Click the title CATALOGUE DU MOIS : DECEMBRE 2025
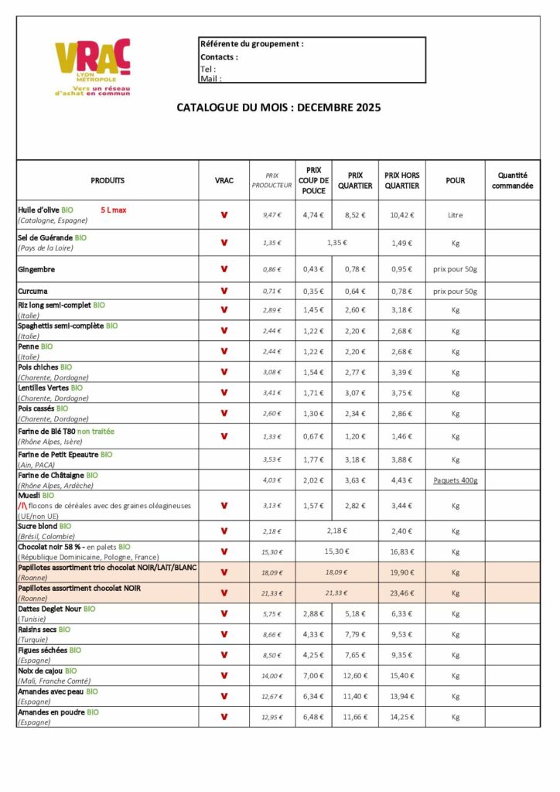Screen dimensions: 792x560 coord(278,108)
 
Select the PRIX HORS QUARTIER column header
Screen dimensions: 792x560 coord(401,180)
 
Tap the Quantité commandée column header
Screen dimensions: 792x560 coord(512,180)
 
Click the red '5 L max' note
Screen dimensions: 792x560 coord(115,210)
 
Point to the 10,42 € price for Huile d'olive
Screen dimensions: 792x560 coord(401,215)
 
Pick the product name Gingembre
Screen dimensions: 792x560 coord(36,269)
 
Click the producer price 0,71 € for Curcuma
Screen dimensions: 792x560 coord(271,292)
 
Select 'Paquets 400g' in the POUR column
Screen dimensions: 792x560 coord(455,480)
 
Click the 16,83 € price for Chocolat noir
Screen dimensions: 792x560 coord(401,552)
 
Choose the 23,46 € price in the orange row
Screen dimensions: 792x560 coord(401,593)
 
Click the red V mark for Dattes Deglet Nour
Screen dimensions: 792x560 coord(224,613)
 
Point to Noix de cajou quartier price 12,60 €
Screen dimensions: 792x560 coord(355,676)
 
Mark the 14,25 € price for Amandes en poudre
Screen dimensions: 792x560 coord(401,717)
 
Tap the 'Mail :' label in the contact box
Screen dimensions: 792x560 coord(210,78)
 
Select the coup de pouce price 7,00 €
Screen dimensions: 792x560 coord(313,676)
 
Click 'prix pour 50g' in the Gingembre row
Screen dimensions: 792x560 coord(455,269)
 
